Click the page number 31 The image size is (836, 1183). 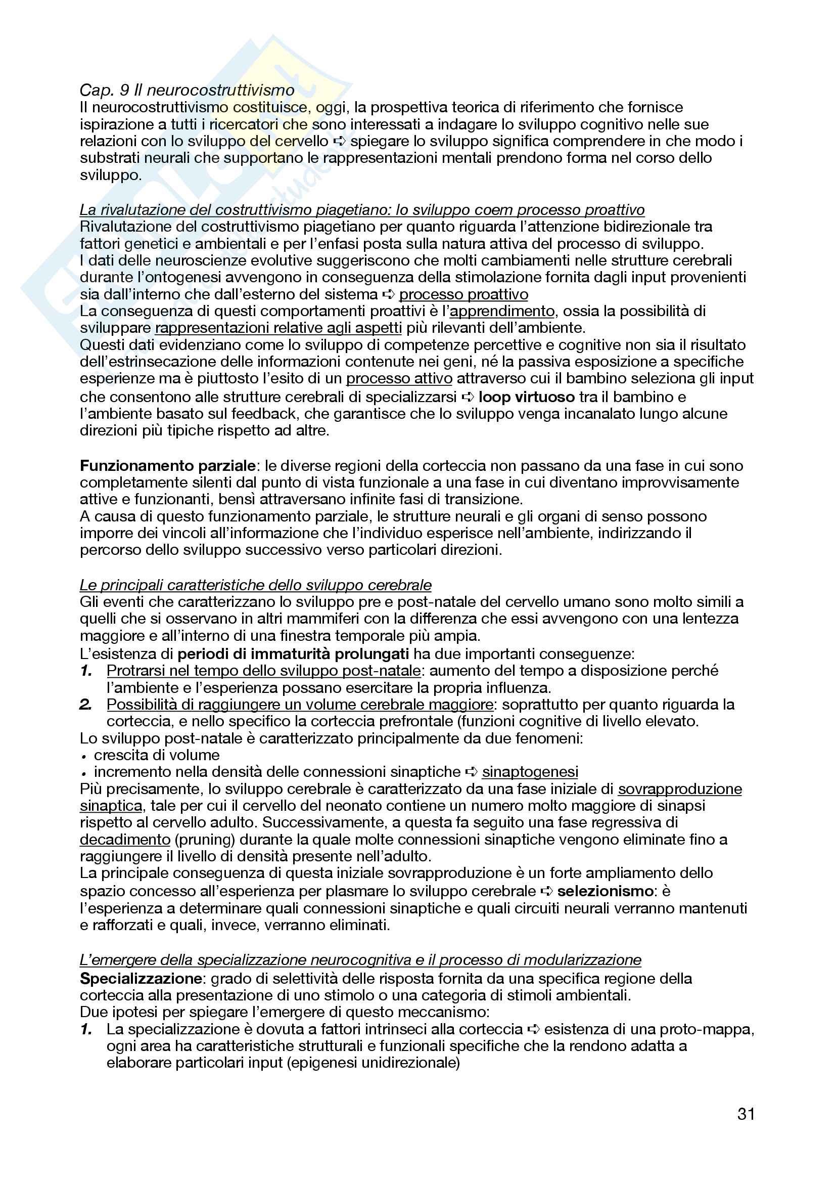point(746,1114)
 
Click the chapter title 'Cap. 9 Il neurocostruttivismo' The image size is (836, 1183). point(187,90)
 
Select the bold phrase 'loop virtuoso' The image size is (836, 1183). point(526,397)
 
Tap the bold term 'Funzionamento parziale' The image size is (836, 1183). point(167,466)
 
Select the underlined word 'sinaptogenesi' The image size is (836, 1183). point(530,772)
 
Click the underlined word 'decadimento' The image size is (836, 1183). point(125,840)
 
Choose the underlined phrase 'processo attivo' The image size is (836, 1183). point(399,379)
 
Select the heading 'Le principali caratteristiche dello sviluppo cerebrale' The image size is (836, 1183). point(255,585)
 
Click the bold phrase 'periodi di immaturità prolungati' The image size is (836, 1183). point(293,654)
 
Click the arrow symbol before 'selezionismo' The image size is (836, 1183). point(546,892)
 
